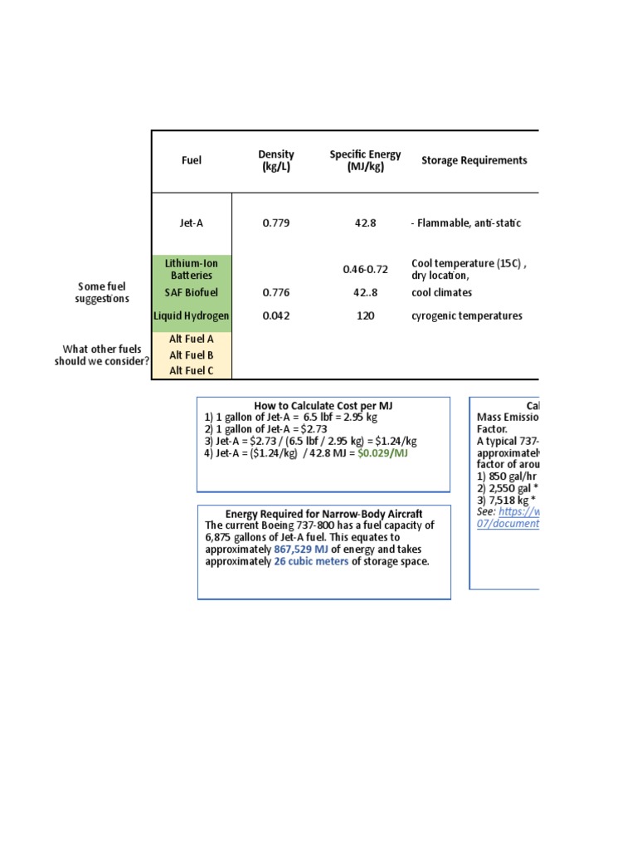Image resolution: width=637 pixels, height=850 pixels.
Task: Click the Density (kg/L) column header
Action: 276,160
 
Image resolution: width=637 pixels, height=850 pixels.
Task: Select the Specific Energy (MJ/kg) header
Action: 365,160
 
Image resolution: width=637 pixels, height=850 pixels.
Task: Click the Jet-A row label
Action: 192,223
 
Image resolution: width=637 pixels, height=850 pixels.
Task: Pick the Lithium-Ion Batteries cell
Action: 192,269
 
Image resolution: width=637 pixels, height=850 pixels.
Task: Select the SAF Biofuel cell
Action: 192,292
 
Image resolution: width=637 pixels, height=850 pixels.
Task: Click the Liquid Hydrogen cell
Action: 192,315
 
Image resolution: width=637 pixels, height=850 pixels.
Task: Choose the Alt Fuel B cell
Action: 192,354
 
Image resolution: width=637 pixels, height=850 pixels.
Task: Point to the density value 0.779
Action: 276,223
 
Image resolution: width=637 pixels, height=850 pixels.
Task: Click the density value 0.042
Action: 276,315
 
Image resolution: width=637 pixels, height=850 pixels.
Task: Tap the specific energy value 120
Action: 365,315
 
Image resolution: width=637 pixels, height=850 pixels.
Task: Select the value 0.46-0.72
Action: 365,270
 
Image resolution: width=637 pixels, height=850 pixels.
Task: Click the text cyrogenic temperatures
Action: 467,315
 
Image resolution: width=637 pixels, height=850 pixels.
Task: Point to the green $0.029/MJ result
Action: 383,453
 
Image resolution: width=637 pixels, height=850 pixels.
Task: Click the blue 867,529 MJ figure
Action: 301,550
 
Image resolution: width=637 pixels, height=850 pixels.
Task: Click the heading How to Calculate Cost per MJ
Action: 323,405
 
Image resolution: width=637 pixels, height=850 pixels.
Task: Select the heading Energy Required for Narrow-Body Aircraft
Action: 323,514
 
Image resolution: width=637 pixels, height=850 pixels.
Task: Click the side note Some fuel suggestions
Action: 102,292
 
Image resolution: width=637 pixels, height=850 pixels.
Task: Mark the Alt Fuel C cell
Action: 192,370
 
